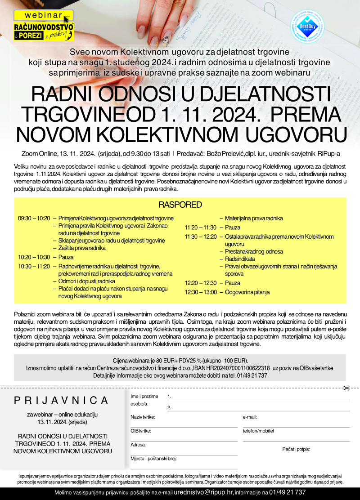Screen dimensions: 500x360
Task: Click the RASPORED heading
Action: click(180, 205)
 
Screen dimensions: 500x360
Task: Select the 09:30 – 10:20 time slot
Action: click(34, 219)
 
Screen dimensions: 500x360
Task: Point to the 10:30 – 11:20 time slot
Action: click(34, 267)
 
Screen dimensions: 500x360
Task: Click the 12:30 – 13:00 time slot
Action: click(200, 292)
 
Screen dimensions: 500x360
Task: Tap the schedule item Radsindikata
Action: click(240, 259)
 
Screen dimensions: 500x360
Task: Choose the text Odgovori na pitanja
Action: click(247, 292)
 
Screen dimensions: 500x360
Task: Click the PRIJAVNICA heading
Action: click(61, 400)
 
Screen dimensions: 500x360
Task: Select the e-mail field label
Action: click(250, 417)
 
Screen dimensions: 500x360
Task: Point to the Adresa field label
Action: click(138, 445)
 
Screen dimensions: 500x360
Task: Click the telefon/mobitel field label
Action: click(258, 431)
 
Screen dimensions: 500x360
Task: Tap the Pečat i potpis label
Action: click(296, 449)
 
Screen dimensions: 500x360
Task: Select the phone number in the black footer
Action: click(288, 492)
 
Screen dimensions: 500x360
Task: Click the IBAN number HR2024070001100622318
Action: click(238, 368)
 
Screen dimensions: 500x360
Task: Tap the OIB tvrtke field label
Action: click(141, 431)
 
